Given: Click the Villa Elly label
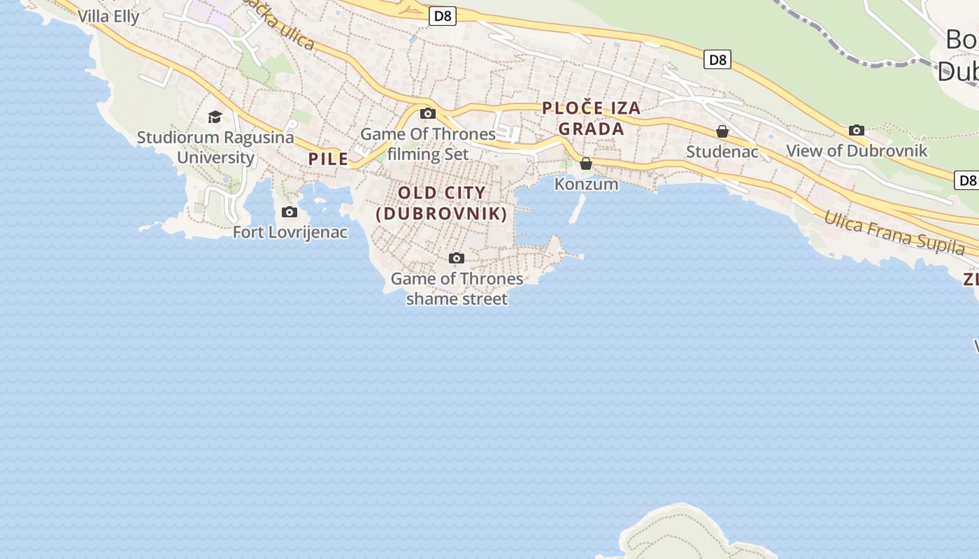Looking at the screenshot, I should click(x=108, y=16).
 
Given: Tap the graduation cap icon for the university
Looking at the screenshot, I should click(x=215, y=117).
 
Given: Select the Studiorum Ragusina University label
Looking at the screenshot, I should click(x=215, y=147).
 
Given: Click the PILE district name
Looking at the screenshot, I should click(x=328, y=159).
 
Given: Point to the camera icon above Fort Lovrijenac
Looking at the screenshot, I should click(x=289, y=212).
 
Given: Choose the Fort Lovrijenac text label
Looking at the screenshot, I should click(x=290, y=232).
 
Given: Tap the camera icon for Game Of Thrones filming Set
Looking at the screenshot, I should click(x=428, y=113).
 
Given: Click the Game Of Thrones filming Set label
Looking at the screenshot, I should click(x=428, y=143).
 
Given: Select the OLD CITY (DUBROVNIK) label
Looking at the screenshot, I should click(x=441, y=203).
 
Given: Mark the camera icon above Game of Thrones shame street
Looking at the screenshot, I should click(x=457, y=259).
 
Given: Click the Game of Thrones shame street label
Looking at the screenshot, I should click(x=457, y=289).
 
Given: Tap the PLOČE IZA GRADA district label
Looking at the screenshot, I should click(x=591, y=118).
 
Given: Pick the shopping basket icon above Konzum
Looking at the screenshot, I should click(x=586, y=164).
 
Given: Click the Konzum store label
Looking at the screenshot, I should click(x=586, y=184).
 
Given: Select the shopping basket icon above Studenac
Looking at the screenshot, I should click(x=722, y=131).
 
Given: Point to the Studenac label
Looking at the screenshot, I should click(x=722, y=152).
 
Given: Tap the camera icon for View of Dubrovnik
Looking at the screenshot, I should click(x=857, y=130).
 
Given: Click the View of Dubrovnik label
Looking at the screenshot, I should click(x=857, y=150).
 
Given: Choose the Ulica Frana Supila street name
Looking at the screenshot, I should click(x=894, y=232).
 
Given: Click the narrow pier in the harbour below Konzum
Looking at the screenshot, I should click(x=577, y=209).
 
